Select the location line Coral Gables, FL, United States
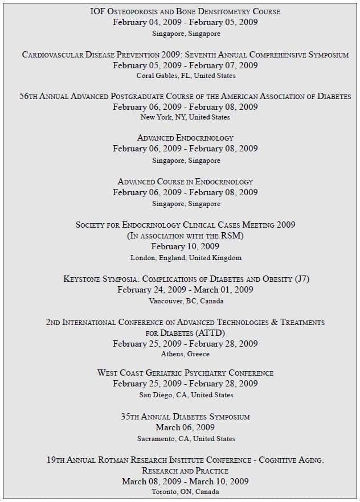point(185,76)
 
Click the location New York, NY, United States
point(185,117)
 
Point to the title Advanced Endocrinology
point(185,138)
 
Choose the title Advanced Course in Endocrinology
point(185,182)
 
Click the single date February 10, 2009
point(185,246)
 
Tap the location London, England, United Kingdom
point(186,258)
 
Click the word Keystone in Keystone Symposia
point(82,279)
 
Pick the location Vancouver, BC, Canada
point(186,301)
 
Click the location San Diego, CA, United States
point(186,395)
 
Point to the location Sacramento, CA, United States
point(186,439)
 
